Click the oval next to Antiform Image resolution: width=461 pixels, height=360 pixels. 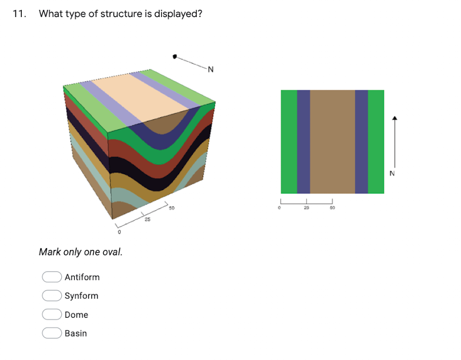click(52, 277)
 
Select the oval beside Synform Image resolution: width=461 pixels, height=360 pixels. click(52, 296)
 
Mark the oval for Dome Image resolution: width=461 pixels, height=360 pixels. click(52, 315)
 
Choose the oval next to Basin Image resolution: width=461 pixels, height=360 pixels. click(52, 334)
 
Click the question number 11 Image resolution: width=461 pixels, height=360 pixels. click(19, 14)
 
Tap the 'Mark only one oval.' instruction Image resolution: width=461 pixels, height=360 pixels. click(81, 252)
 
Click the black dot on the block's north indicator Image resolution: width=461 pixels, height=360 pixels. click(174, 56)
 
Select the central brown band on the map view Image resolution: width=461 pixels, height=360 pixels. click(332, 141)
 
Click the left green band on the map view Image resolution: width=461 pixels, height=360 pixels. click(288, 141)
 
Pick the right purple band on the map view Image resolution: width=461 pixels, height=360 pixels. click(361, 141)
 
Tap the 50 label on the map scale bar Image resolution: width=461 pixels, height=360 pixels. click(332, 208)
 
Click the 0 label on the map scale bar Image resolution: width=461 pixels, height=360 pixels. click(281, 208)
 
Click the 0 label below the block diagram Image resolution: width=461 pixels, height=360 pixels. click(120, 233)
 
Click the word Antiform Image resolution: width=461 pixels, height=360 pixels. click(82, 277)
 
